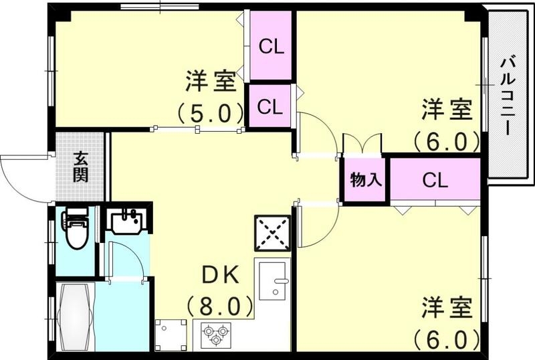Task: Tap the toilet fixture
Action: tap(75, 228)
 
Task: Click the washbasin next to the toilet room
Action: tap(126, 221)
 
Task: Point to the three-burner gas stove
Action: tap(216, 333)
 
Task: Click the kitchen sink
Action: tap(272, 279)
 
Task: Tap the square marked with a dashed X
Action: tap(272, 233)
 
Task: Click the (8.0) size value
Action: tap(220, 307)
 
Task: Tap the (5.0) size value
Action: tap(210, 112)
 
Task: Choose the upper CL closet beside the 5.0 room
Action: tap(272, 46)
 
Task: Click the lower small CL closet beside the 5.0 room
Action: tap(269, 106)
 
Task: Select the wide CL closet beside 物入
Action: tap(435, 179)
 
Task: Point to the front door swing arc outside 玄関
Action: tap(20, 175)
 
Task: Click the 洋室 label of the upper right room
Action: tap(447, 109)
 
